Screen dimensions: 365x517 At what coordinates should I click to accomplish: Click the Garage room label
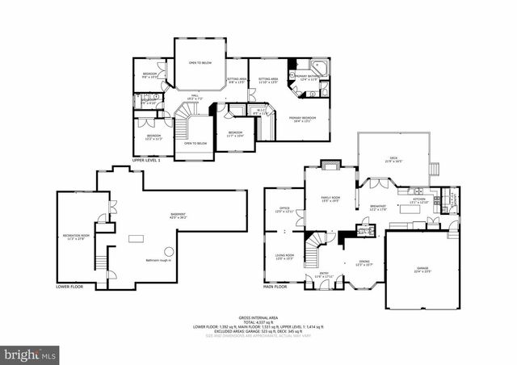[x=422, y=270]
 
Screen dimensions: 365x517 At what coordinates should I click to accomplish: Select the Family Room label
[x=330, y=200]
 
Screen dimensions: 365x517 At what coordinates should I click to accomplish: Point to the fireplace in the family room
[x=330, y=166]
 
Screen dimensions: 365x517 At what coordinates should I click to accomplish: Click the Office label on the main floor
[x=284, y=209]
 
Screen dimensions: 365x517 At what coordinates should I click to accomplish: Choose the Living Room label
[x=284, y=257]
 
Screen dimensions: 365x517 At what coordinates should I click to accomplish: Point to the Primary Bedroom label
[x=302, y=120]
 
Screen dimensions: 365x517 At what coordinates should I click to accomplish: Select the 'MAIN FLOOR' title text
[x=275, y=287]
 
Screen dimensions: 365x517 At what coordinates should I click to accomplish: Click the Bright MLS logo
[x=31, y=353]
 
